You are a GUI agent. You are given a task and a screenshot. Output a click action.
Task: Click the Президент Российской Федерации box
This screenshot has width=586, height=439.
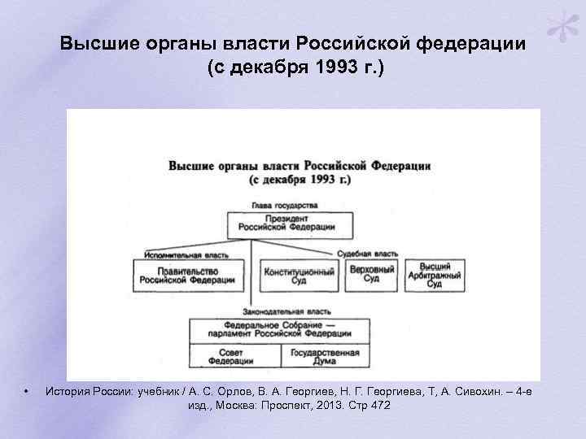(291, 224)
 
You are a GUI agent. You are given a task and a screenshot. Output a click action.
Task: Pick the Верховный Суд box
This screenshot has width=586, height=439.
(371, 275)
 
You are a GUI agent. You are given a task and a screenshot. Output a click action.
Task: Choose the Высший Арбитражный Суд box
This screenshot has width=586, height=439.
(435, 276)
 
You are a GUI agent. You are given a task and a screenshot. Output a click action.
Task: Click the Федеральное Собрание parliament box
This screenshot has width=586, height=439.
(278, 330)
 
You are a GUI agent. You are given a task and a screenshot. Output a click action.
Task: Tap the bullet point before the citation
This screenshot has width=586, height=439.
(27, 391)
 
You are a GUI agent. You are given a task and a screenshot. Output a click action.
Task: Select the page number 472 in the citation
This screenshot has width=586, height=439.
(379, 405)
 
